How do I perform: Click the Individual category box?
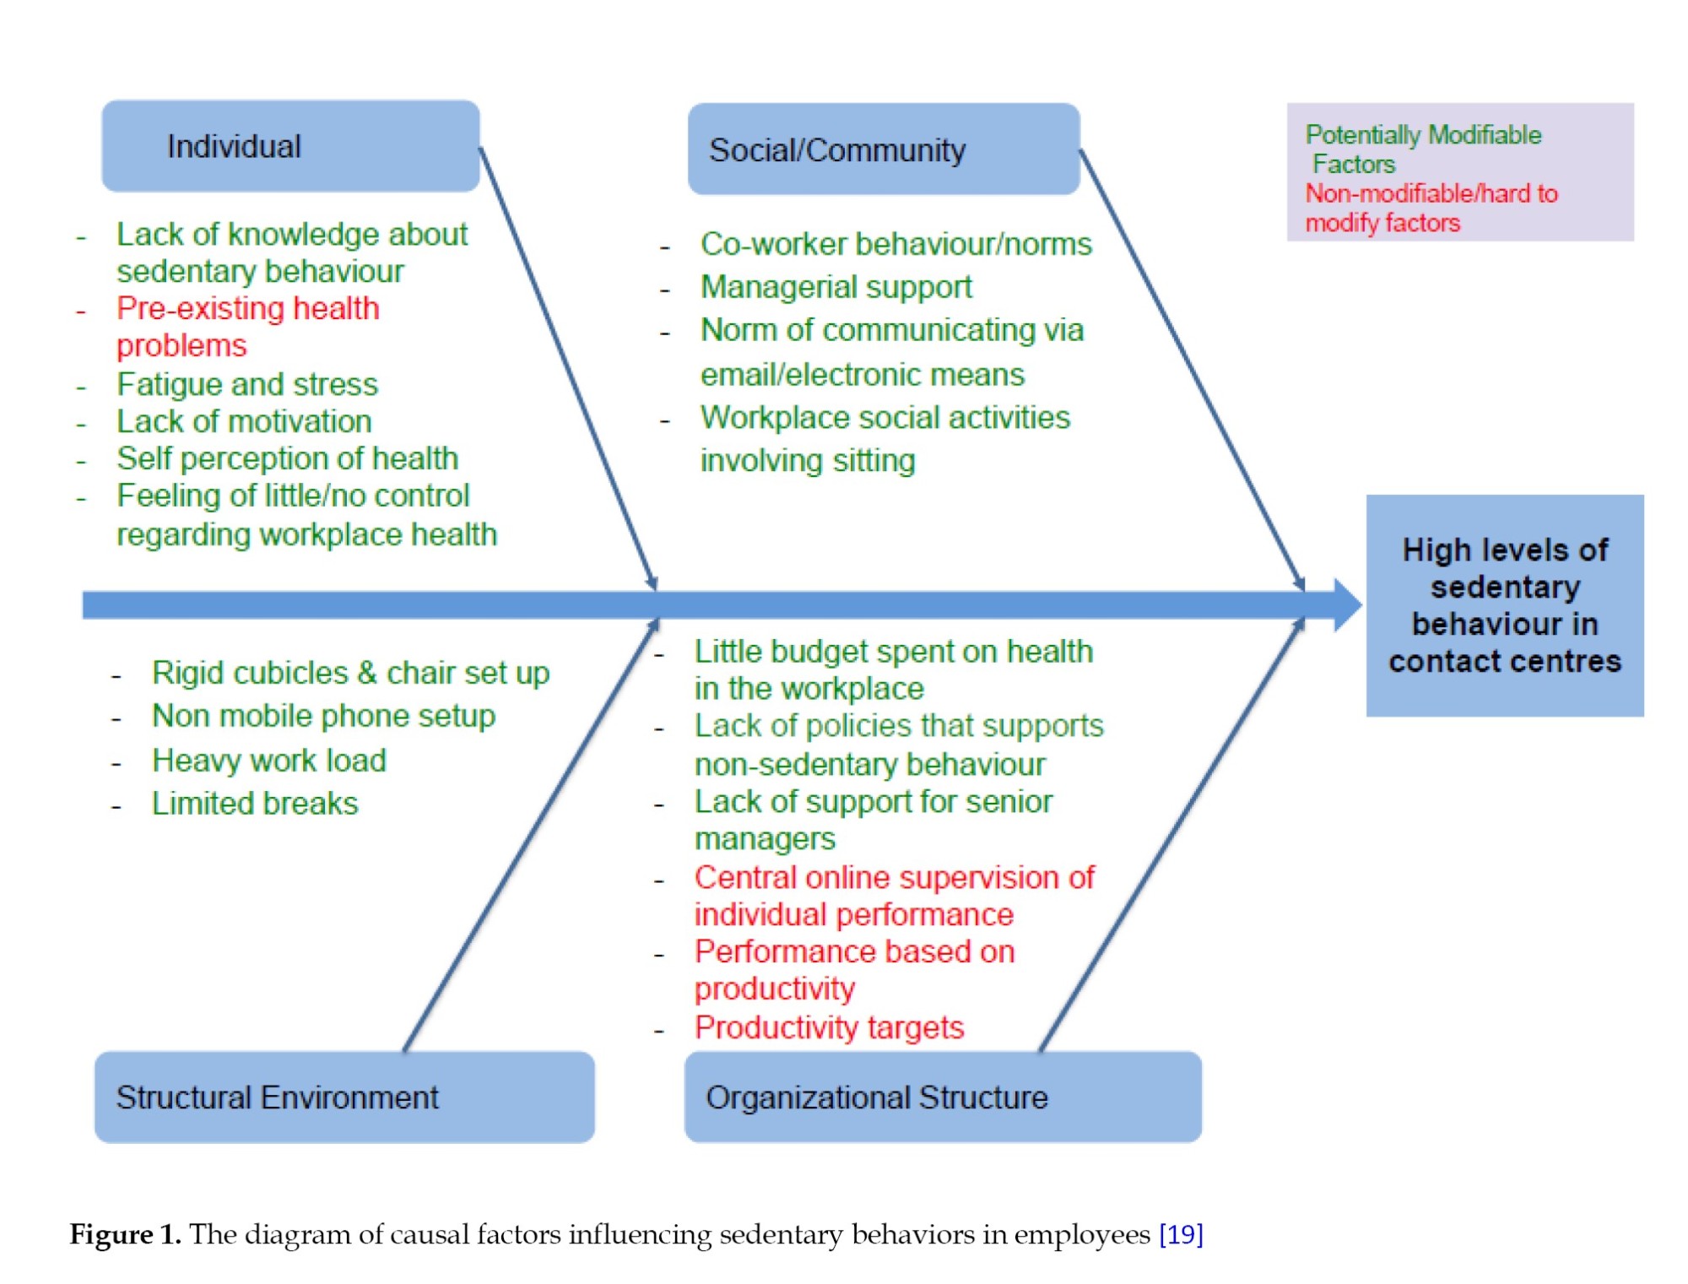click(x=290, y=146)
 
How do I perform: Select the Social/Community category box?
click(x=883, y=149)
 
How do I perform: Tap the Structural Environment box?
click(x=344, y=1097)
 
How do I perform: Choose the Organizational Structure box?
click(x=942, y=1097)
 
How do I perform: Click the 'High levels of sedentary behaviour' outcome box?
click(x=1504, y=605)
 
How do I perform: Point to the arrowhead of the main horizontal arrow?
click(x=1347, y=604)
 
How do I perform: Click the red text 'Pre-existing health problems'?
click(x=247, y=327)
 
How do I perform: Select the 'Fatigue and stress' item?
click(x=247, y=384)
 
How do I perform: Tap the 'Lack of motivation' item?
click(x=244, y=421)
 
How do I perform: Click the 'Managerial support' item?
click(x=836, y=287)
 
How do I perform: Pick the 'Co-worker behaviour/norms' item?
click(x=895, y=244)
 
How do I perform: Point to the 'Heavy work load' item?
click(x=268, y=761)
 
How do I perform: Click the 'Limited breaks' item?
click(x=254, y=803)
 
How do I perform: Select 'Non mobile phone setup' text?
click(x=323, y=716)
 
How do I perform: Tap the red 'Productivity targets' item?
click(x=829, y=1027)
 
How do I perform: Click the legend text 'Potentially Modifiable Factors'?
click(x=1422, y=149)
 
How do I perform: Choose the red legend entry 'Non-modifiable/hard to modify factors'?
click(x=1431, y=208)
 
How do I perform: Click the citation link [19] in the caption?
click(x=1181, y=1234)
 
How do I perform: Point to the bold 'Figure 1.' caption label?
click(x=125, y=1234)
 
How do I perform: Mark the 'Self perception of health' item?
click(x=287, y=458)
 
